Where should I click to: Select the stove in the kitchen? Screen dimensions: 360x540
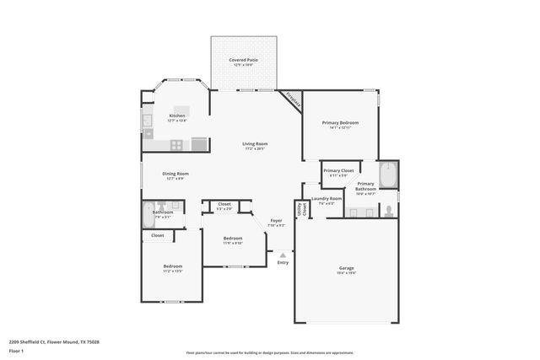[177, 145]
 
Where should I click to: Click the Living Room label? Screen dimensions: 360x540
[255, 145]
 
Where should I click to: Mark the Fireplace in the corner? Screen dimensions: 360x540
[292, 98]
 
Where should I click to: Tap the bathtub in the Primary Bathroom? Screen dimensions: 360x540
[389, 175]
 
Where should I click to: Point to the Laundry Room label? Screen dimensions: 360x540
[327, 200]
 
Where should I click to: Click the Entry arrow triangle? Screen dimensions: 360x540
[283, 254]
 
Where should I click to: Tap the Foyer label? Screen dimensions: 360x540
[276, 223]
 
